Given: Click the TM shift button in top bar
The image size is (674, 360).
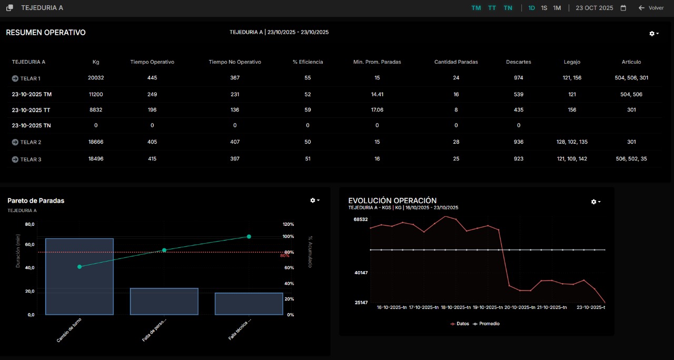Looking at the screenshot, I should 476,8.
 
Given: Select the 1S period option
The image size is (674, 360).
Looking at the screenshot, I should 544,8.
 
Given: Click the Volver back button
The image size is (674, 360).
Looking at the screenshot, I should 651,8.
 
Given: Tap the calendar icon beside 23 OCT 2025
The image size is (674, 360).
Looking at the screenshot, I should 623,8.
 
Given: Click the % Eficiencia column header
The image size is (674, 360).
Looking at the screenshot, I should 308,62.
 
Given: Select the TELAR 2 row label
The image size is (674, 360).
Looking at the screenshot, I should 31,142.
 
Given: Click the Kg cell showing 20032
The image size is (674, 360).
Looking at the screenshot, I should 96,78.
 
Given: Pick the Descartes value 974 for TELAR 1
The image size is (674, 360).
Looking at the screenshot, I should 518,78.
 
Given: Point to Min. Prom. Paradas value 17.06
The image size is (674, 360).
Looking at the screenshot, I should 377,110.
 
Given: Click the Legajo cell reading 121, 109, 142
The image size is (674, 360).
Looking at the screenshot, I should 571,158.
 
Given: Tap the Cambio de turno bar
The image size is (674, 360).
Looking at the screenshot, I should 80,276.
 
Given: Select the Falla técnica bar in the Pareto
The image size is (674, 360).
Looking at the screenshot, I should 249,304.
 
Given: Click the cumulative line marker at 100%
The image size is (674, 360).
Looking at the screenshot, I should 249,236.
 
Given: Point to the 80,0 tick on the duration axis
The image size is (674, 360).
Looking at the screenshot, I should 29,224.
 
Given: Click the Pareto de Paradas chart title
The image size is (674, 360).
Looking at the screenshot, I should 36,201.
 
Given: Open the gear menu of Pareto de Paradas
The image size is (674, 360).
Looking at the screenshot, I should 314,201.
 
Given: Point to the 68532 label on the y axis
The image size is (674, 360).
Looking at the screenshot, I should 360,219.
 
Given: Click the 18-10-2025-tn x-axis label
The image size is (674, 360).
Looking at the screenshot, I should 456,307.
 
